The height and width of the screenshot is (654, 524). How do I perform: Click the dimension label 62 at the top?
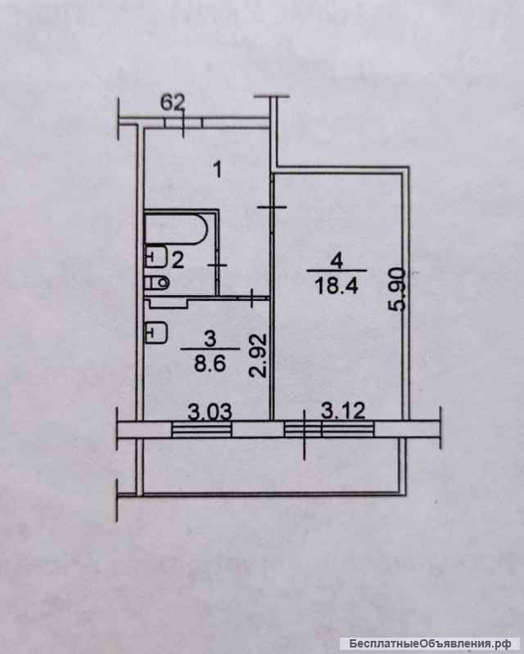(173, 102)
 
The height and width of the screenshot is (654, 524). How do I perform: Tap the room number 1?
(217, 170)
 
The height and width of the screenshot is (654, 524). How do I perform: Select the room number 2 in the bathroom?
(178, 261)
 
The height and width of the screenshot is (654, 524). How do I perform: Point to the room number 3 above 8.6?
(210, 338)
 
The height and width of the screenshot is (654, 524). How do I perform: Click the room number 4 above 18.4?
(337, 262)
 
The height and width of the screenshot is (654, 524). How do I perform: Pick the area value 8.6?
(210, 363)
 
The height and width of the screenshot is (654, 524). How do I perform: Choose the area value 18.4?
(337, 286)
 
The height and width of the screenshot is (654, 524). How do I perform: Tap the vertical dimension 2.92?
(259, 355)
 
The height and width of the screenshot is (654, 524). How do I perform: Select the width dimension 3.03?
(210, 412)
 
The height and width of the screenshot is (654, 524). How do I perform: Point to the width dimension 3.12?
(344, 410)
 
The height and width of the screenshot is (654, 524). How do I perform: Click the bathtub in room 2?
(175, 229)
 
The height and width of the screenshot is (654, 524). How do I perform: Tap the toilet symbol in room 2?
(157, 283)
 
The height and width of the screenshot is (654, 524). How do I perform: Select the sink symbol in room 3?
(156, 333)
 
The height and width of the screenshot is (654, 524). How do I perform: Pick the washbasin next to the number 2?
(156, 256)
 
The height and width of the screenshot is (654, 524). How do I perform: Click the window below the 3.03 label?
(201, 430)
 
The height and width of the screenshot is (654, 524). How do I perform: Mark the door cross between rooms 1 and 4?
(272, 208)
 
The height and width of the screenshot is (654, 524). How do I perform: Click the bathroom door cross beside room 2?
(218, 265)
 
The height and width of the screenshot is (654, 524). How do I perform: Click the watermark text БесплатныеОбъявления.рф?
(428, 643)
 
